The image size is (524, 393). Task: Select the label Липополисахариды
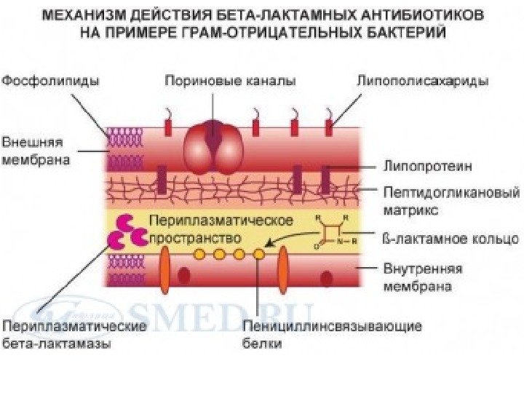(x=422, y=80)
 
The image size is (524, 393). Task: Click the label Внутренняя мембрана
(x=422, y=277)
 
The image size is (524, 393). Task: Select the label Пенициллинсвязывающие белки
(x=333, y=334)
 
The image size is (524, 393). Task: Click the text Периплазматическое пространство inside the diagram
(x=221, y=229)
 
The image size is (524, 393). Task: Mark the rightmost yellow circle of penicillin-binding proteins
(x=258, y=254)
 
